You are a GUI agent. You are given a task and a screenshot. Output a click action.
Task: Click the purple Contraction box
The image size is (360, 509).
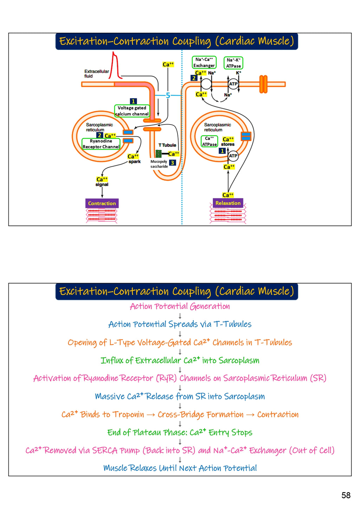click(x=102, y=203)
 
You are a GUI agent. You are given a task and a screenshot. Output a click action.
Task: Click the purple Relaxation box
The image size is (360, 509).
click(x=228, y=203)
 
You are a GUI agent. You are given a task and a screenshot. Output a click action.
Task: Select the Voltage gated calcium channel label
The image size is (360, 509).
click(x=132, y=111)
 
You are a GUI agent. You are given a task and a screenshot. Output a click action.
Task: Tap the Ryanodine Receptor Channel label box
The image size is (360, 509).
click(x=101, y=144)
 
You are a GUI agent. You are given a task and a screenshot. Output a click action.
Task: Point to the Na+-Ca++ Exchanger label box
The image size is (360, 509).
click(x=204, y=62)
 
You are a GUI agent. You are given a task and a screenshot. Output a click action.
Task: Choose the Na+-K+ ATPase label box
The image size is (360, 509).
click(x=233, y=63)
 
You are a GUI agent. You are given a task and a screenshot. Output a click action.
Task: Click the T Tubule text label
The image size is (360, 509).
click(x=167, y=145)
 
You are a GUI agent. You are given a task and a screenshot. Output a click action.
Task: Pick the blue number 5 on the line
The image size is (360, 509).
click(x=168, y=95)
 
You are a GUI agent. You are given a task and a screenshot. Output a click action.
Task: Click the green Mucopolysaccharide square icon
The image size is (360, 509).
click(x=159, y=154)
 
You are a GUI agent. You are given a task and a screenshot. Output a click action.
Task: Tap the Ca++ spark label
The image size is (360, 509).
click(x=134, y=159)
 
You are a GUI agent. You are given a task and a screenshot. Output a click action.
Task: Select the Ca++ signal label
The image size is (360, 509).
click(x=102, y=182)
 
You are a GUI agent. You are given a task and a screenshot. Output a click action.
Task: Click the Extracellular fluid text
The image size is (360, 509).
click(x=96, y=74)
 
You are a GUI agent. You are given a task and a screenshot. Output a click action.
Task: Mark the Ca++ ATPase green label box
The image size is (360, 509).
click(x=210, y=141)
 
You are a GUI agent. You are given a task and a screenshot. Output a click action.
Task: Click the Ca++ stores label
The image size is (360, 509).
click(x=228, y=141)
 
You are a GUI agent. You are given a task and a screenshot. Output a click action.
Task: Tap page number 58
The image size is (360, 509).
click(x=346, y=495)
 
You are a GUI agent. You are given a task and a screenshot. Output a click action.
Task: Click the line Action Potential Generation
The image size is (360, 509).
click(x=180, y=306)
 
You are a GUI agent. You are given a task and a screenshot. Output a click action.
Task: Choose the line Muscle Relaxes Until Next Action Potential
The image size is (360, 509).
click(x=180, y=468)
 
